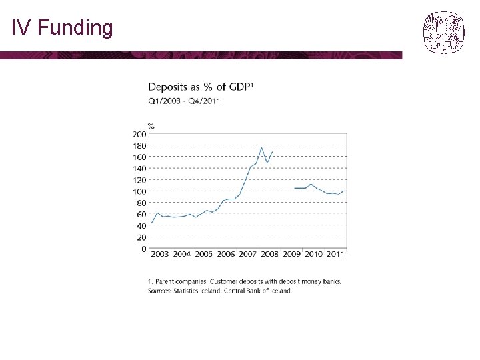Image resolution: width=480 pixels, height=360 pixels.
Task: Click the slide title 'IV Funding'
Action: [62, 28]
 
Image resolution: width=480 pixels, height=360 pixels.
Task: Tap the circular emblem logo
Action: [444, 33]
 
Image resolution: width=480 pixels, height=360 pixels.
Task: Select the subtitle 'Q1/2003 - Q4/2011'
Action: [184, 101]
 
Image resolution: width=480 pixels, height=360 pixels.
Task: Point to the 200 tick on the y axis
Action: [139, 134]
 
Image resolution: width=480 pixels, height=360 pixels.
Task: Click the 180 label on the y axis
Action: [139, 146]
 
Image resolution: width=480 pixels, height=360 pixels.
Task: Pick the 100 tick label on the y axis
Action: [139, 191]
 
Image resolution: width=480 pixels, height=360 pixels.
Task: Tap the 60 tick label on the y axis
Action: [141, 214]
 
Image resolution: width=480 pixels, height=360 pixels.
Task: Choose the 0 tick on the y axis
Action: [143, 249]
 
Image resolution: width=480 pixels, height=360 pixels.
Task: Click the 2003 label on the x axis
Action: [160, 254]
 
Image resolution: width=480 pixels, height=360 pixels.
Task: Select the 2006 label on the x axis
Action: [226, 254]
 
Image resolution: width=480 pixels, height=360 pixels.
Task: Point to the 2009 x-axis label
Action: [292, 254]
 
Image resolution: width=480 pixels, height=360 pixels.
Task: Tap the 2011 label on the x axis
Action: [335, 254]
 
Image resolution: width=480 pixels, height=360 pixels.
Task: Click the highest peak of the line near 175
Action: [261, 148]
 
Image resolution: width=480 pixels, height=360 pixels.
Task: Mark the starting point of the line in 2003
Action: [152, 223]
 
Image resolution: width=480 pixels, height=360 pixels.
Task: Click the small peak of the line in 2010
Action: [311, 184]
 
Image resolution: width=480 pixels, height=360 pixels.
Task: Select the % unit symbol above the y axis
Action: [151, 126]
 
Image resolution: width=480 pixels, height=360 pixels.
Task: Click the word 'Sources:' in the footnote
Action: [159, 291]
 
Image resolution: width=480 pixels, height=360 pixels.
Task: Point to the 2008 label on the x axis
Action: [270, 254]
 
